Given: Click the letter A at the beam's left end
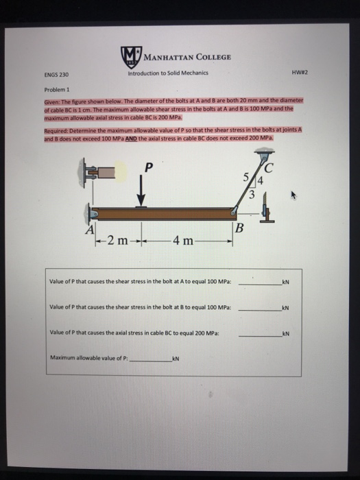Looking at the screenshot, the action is pos(89,230).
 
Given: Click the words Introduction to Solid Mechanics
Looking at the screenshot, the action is pos(167,74).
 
